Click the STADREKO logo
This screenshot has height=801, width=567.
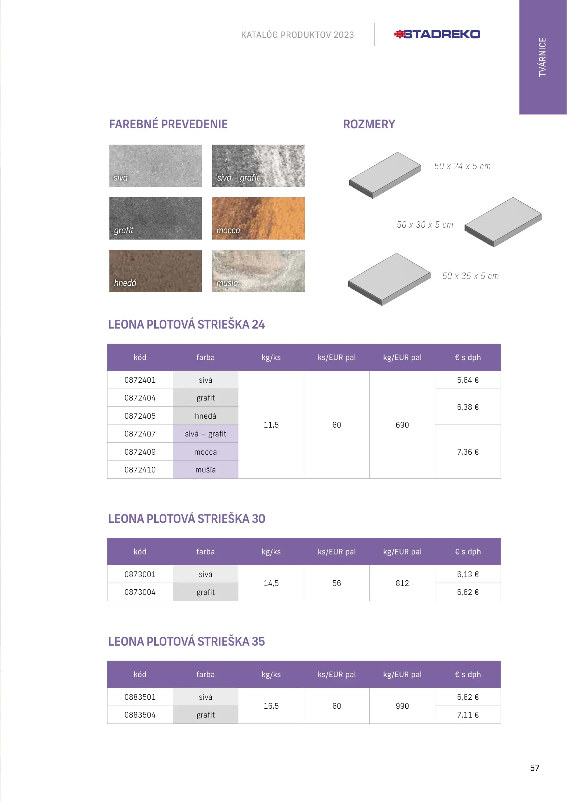tap(437, 34)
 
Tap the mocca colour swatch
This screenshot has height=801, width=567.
tap(258, 218)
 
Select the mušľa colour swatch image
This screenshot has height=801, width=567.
tap(258, 271)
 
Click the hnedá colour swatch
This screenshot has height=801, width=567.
tap(155, 271)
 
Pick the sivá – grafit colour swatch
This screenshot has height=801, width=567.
tap(258, 165)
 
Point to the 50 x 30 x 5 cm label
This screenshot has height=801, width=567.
tap(425, 225)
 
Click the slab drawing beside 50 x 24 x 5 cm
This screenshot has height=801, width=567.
tap(385, 175)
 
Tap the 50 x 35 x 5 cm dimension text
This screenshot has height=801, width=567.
tap(470, 276)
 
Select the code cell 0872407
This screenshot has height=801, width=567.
tap(140, 434)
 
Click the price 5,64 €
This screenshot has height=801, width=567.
tap(468, 380)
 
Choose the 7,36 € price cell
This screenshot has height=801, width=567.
tap(468, 452)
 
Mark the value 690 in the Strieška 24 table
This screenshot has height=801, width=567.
tap(402, 425)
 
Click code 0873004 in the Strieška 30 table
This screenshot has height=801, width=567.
tap(140, 592)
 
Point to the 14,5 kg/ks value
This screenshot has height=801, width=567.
tap(271, 583)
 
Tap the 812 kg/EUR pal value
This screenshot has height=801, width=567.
tap(402, 583)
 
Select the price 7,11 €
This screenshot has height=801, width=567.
tap(468, 715)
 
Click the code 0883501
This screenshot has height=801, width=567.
tap(140, 697)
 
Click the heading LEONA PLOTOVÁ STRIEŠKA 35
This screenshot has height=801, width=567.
tap(187, 642)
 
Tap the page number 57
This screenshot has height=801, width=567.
tap(534, 768)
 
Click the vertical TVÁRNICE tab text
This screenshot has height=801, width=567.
tap(542, 57)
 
